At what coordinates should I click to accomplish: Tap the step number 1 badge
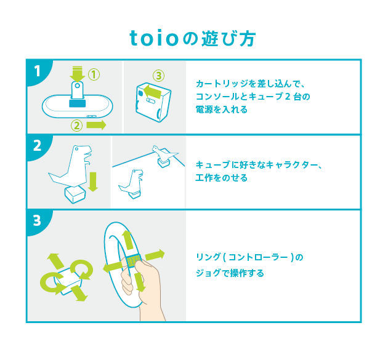pos(38,71)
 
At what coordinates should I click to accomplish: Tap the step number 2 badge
pos(38,146)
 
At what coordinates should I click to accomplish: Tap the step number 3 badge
pos(37,220)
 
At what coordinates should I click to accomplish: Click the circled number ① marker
pos(94,74)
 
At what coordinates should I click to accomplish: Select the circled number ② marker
pos(77,126)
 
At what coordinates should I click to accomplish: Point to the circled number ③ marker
pos(158,76)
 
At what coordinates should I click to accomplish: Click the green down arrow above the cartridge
pos(77,74)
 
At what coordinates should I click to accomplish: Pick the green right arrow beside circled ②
pos(96,125)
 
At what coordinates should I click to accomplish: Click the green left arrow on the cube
pos(153,92)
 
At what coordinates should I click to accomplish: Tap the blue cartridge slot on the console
pos(78,103)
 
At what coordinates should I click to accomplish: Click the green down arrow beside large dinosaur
pos(93,182)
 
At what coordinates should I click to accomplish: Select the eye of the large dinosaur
pos(77,149)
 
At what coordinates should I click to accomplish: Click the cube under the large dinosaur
pos(75,194)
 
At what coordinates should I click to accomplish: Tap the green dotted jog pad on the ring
pos(134,260)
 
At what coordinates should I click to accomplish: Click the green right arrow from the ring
pos(155,255)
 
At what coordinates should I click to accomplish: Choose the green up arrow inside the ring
pos(128,240)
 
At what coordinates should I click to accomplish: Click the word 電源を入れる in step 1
pos(222,110)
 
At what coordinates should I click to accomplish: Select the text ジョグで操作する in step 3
pos(230,273)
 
